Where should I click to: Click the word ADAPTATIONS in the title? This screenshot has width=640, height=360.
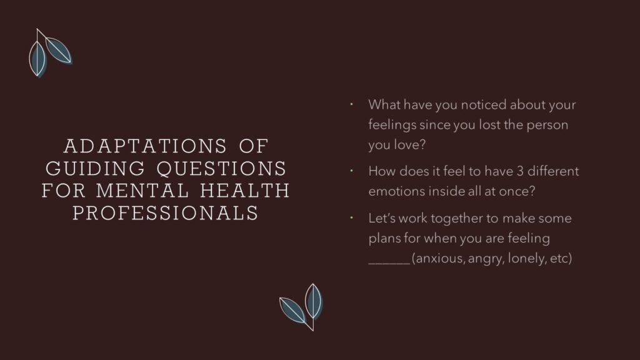coord(145,146)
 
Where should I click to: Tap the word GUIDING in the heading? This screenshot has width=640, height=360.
coord(95,169)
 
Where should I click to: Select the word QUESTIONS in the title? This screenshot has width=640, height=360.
coord(222,169)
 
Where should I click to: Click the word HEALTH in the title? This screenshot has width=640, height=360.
coord(245,191)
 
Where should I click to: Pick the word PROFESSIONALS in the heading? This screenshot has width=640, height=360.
coord(166,213)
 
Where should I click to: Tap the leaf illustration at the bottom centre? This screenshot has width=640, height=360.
coord(301,307)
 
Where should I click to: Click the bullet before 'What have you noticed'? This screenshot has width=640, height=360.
coord(351,104)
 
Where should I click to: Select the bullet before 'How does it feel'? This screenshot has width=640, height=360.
coord(351,171)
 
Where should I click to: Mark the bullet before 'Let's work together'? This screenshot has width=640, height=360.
coord(351,218)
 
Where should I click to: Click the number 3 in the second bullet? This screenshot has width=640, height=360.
coord(519,171)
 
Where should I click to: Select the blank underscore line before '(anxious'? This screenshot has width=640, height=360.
coord(389,263)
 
